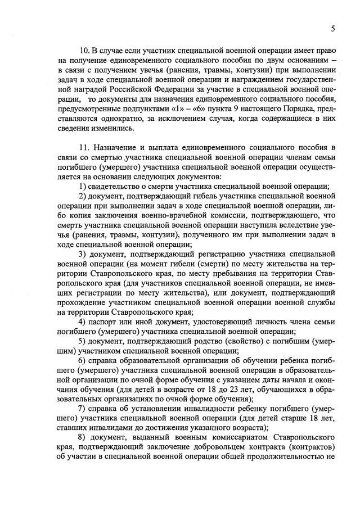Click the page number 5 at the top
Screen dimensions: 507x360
point(332,29)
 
